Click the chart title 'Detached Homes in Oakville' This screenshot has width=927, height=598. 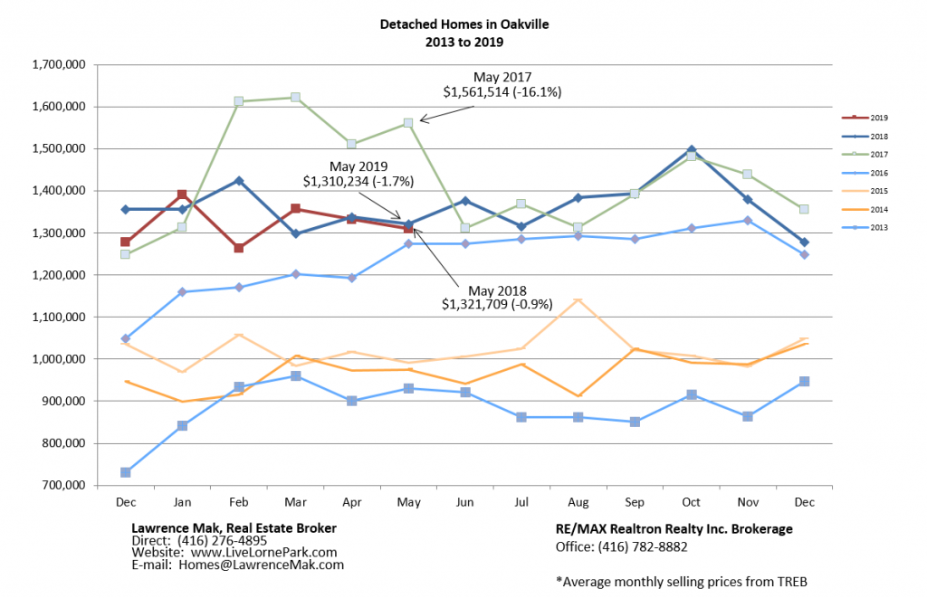coord(463,24)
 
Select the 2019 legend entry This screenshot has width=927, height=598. coord(877,118)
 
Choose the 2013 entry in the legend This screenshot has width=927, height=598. coord(877,227)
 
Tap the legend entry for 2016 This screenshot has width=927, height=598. coord(877,172)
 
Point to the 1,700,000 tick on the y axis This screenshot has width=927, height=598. coord(57,64)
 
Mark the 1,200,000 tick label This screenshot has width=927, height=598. coord(57,275)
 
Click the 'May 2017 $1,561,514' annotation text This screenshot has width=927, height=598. coord(502,85)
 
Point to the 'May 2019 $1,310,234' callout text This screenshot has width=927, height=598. coord(358,174)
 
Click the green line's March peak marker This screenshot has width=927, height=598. coord(295,98)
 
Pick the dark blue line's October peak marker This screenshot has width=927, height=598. coord(691,150)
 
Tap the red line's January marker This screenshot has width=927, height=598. coord(182,195)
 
